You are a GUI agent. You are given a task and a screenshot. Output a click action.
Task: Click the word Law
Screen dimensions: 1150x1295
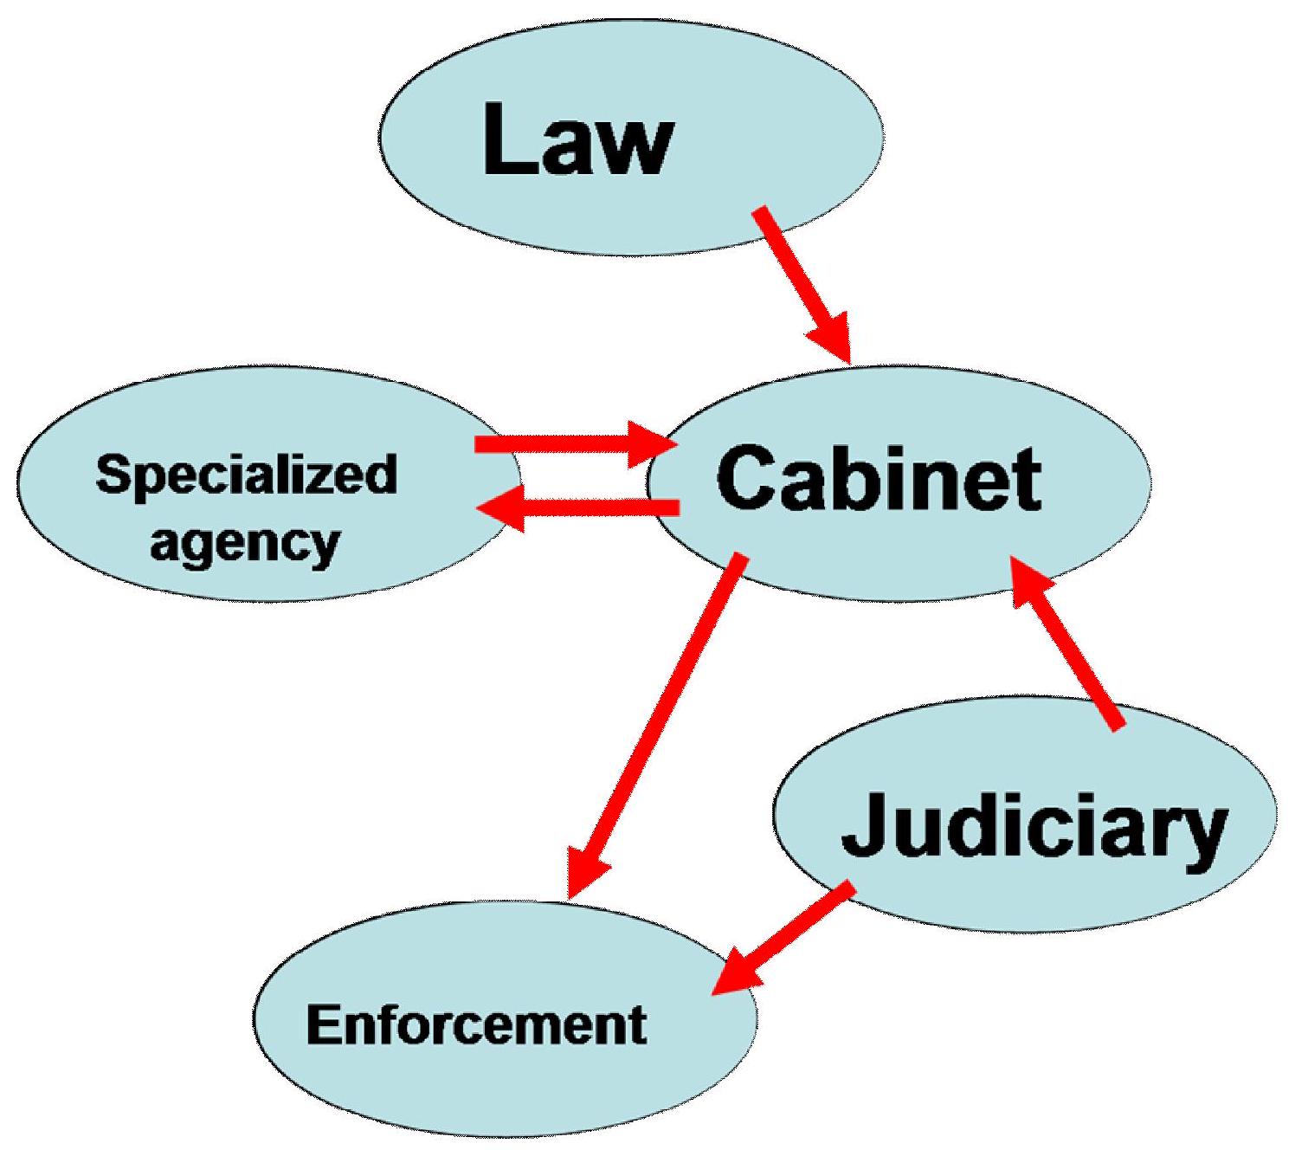577,139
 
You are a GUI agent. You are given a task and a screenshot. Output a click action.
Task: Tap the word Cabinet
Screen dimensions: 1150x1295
878,478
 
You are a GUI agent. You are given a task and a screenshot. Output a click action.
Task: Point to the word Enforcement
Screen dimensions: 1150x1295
476,1024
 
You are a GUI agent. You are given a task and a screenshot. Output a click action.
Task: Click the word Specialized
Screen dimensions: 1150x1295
247,475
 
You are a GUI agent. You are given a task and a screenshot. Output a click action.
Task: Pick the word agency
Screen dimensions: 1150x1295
244,544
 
